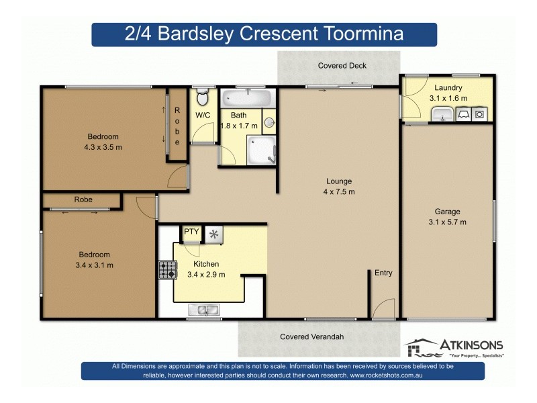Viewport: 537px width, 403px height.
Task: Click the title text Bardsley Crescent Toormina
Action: click(264, 34)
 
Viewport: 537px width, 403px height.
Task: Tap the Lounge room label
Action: click(339, 181)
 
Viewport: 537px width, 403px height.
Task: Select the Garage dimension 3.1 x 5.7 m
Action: click(447, 222)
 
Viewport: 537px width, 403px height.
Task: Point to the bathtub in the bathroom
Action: click(248, 98)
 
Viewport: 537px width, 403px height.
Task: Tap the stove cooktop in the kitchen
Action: click(166, 269)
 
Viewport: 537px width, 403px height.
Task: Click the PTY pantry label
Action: click(191, 232)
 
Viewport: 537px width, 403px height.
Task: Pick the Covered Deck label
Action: click(342, 66)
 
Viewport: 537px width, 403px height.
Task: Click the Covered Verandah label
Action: click(311, 337)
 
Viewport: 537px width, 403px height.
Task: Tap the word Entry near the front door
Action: click(383, 273)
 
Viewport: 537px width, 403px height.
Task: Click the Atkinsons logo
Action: click(454, 347)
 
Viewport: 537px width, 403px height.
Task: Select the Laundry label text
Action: click(448, 88)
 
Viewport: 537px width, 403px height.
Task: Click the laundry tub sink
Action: click(440, 115)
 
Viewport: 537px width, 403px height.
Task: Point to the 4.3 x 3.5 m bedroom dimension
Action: click(103, 146)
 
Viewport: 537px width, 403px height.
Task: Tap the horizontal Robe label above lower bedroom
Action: click(83, 200)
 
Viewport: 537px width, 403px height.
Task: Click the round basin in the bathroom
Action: click(268, 122)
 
